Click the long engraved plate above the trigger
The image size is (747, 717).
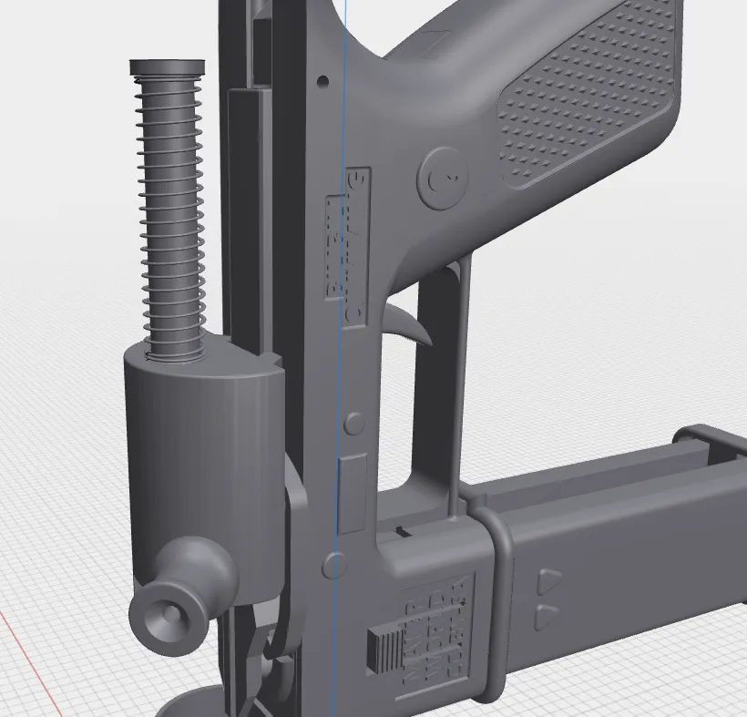tap(347, 246)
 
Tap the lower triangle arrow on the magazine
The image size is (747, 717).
tap(547, 616)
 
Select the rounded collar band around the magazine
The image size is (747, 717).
tap(491, 601)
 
